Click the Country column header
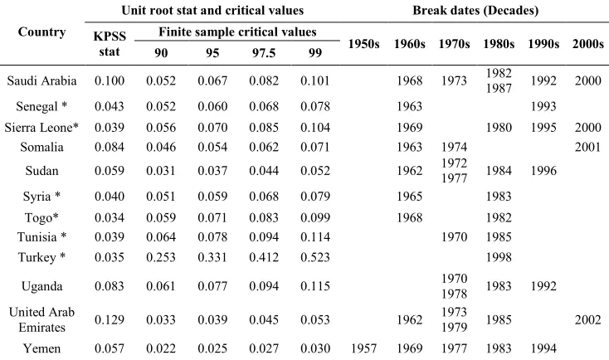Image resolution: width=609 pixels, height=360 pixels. coord(41,32)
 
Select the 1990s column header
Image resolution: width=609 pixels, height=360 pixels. coord(543,44)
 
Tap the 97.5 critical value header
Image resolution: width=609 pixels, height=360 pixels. coord(264,52)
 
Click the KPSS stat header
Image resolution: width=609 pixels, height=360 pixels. coord(110,44)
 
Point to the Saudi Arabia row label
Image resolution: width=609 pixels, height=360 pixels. coord(41,80)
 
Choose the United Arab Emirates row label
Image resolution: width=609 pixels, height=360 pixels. coord(41,319)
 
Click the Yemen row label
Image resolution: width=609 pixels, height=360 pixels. coord(41,348)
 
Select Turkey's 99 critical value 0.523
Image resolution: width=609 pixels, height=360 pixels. coord(315,257)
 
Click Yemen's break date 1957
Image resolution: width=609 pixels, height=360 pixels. coord(364,348)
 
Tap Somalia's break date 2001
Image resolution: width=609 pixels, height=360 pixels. coord(587,147)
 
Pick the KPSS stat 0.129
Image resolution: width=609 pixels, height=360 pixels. coord(110,319)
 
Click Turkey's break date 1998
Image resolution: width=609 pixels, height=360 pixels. coord(499,257)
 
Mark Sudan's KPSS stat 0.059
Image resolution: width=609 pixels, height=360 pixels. coord(110,171)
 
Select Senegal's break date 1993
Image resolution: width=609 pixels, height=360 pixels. coord(543,106)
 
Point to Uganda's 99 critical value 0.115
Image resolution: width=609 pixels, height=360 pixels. coord(315,286)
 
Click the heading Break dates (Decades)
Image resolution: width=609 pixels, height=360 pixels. coord(475,10)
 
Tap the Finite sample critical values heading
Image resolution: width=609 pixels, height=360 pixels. coord(237,32)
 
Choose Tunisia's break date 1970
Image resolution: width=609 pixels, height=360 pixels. coord(454,237)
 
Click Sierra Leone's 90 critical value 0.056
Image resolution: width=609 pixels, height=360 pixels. coord(161,128)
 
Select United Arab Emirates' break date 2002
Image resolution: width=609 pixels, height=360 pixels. coord(587,319)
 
